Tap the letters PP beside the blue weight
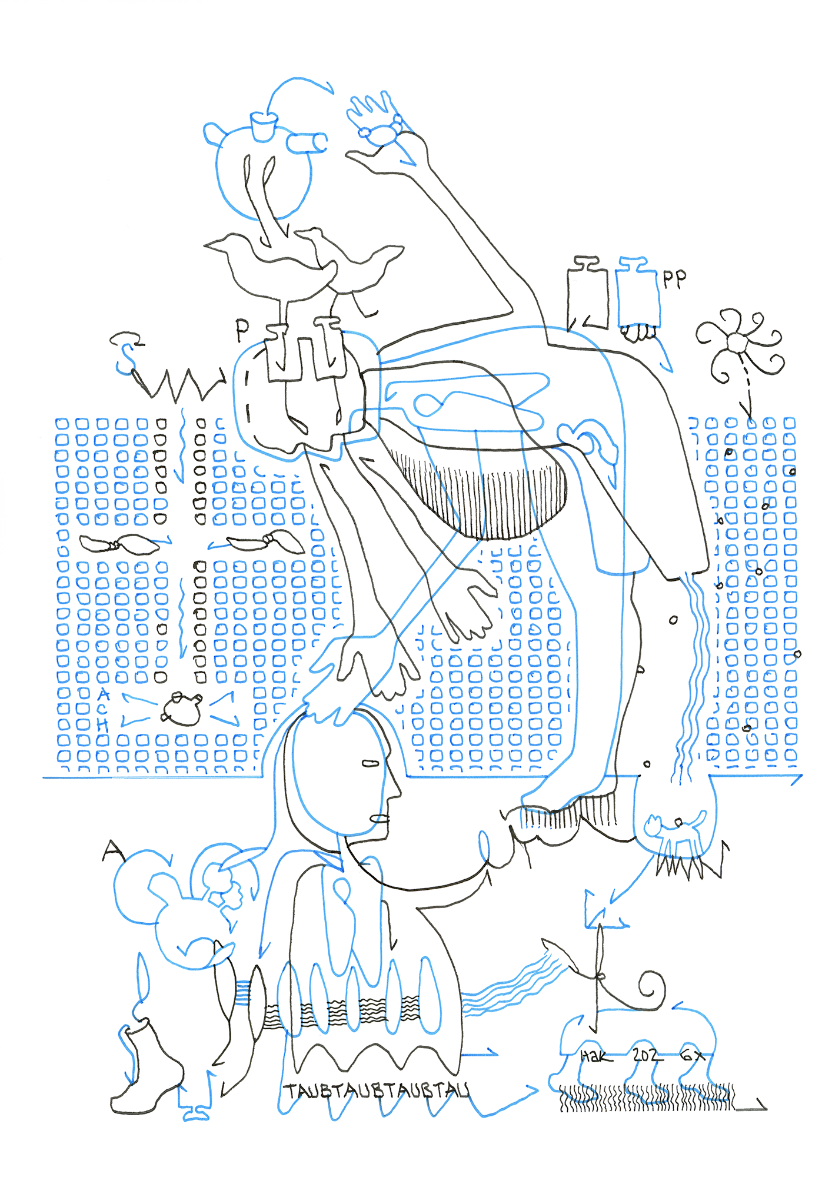674,279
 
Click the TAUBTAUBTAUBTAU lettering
377,1090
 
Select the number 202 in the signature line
647,1055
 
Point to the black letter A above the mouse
112,850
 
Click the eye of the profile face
369,763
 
